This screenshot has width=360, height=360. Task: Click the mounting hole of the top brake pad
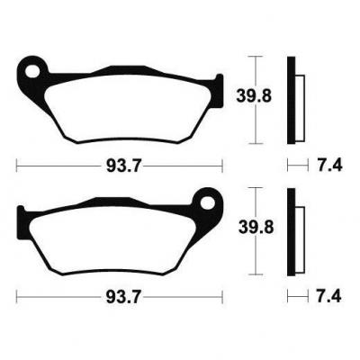coord(32,71)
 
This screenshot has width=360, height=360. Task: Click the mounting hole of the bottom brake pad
coord(207,202)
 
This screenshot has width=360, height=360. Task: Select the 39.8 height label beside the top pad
coord(254,96)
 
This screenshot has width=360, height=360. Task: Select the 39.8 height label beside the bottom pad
coord(256,228)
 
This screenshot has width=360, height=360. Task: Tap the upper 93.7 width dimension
coord(123,166)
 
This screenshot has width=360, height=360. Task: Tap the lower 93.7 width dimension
coord(123,297)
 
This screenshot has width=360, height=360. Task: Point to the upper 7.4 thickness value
coord(329,165)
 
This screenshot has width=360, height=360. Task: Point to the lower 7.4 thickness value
coord(329,297)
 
